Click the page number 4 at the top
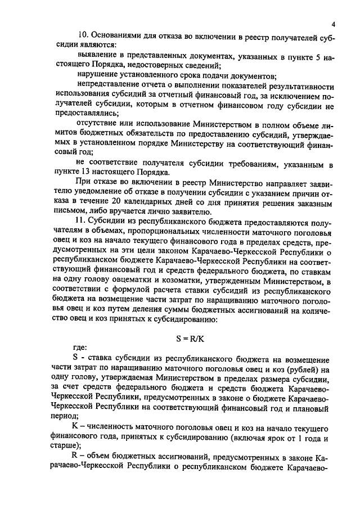333,25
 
